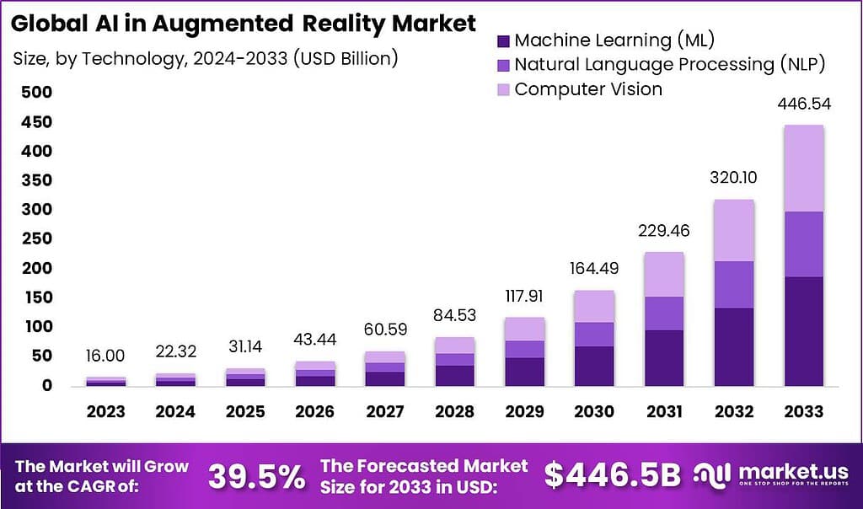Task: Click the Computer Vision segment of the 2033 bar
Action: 803,168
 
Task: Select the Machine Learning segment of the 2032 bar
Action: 733,346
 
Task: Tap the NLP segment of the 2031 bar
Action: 663,313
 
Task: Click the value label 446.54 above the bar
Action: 803,104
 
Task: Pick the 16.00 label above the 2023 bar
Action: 105,357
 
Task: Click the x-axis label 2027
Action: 384,411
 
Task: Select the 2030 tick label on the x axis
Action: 593,411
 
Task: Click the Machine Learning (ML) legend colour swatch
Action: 503,40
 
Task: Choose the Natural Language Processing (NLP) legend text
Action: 667,64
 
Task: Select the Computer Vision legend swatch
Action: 503,88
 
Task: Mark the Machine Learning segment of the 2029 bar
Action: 523,372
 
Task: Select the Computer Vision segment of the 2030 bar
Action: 593,306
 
